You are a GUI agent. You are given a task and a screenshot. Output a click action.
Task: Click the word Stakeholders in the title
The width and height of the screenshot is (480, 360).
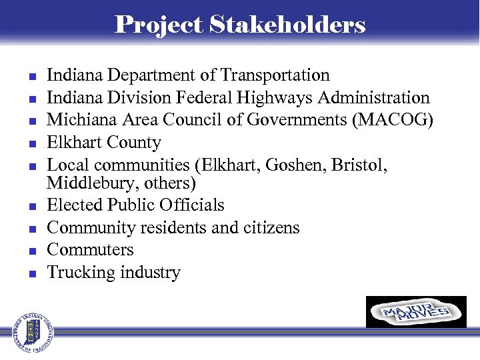point(287,25)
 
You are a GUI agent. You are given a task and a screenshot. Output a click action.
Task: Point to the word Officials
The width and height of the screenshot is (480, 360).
point(192,205)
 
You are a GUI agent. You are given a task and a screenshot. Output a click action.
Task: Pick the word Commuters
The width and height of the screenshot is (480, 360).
point(90,250)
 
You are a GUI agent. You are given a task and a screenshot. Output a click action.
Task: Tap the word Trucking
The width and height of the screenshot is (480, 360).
point(79,272)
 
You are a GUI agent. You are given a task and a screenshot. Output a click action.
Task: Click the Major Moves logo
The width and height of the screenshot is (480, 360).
point(416,312)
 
